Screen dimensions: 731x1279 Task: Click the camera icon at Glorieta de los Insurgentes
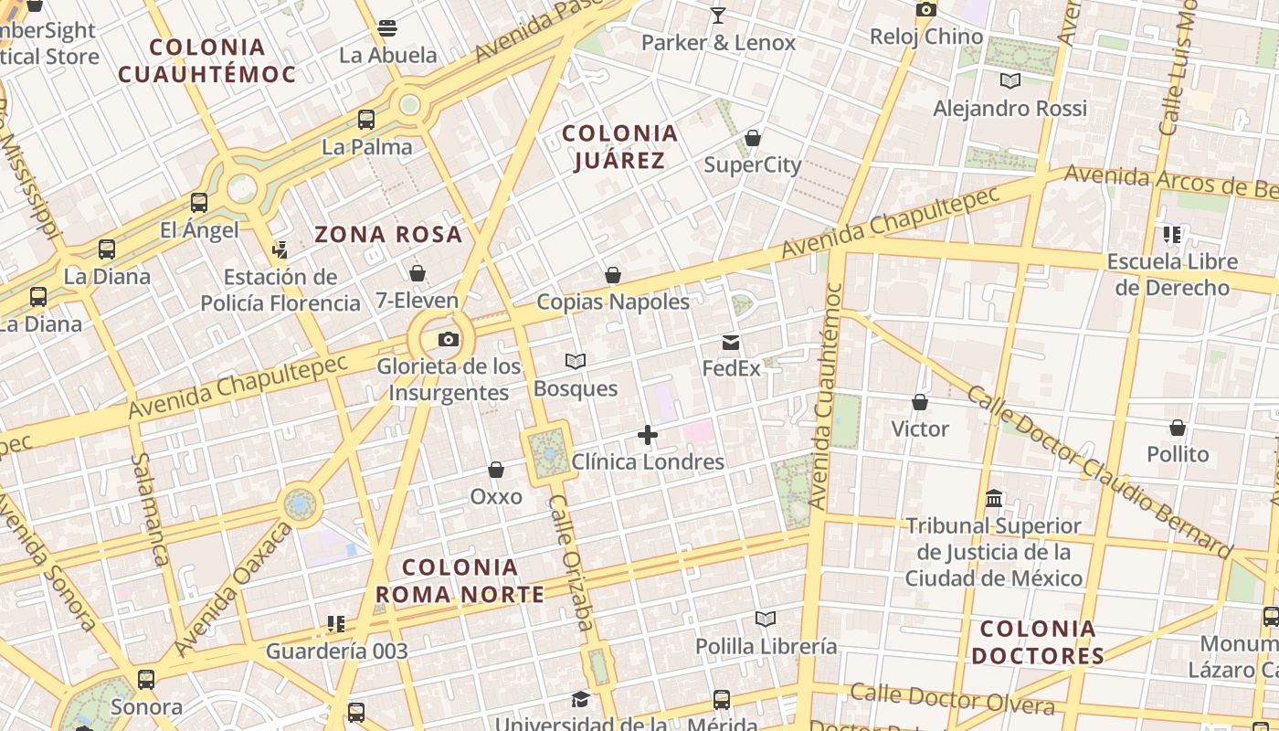pos(449,340)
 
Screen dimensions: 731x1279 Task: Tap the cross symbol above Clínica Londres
pos(648,435)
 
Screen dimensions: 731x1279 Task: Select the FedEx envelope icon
pos(731,343)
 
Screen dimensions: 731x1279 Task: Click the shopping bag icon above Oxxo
pos(496,470)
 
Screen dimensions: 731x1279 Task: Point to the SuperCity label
pos(753,165)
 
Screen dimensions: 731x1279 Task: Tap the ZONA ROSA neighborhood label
pos(388,235)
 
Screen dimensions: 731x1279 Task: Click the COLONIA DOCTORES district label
pos(1038,642)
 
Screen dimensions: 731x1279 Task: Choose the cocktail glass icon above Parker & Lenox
pos(718,16)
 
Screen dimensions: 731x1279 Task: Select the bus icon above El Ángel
pos(199,203)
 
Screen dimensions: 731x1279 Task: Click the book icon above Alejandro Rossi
pos(1009,81)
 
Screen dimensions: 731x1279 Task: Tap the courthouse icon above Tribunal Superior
pos(994,499)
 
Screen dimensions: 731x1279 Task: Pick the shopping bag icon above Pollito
pos(1178,428)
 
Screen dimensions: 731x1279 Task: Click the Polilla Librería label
pos(766,647)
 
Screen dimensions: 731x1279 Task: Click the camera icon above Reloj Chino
pos(926,10)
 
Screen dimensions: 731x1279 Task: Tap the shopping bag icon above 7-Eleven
pos(418,273)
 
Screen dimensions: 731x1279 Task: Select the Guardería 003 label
pos(337,652)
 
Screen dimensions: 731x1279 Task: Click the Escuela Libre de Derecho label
pos(1172,274)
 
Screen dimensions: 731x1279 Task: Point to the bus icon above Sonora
pos(146,680)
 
